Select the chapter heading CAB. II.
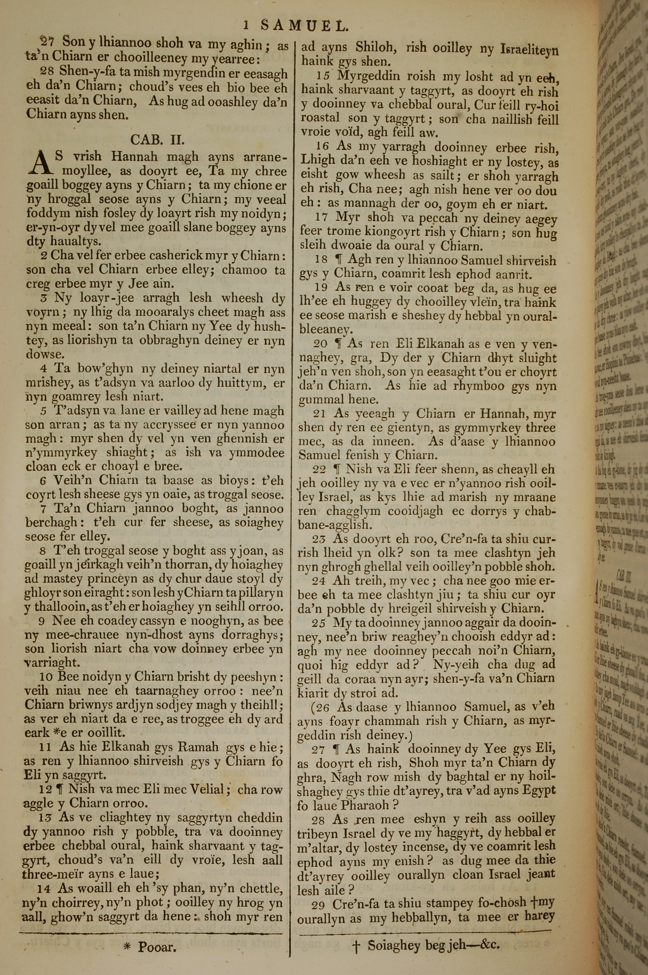pos(157,139)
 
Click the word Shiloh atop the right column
pos(375,48)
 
